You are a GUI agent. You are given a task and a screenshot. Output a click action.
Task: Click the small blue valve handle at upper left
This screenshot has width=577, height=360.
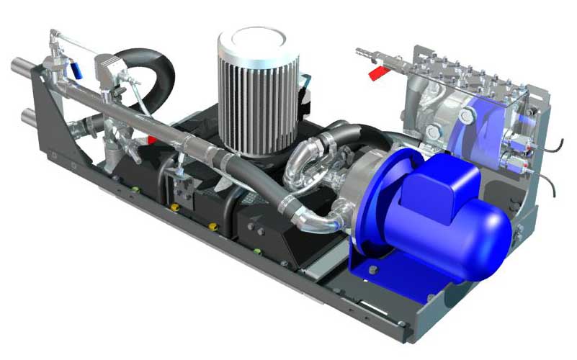pos(75,69)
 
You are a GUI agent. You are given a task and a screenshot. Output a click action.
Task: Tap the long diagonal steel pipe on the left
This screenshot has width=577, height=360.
pos(144,115)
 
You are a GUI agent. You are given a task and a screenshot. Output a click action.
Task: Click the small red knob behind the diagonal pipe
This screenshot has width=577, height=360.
pos(151,139)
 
